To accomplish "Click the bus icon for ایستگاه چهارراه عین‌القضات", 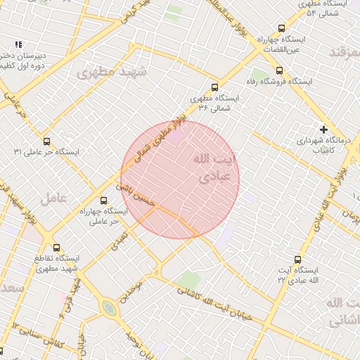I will tap(282, 29).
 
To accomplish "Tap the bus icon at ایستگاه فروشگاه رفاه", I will tap(280, 70).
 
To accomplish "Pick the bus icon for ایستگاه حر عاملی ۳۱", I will tap(47, 141).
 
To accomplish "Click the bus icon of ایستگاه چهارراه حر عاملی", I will tap(104, 200).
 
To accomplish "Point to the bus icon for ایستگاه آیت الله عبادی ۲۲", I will tap(298, 259).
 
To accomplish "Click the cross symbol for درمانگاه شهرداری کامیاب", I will tap(323, 129).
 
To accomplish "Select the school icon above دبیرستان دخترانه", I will tap(18, 44).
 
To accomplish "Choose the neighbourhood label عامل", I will tap(53, 198).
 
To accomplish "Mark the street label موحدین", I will tap(134, 288).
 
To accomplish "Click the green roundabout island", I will tap(109, 309).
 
